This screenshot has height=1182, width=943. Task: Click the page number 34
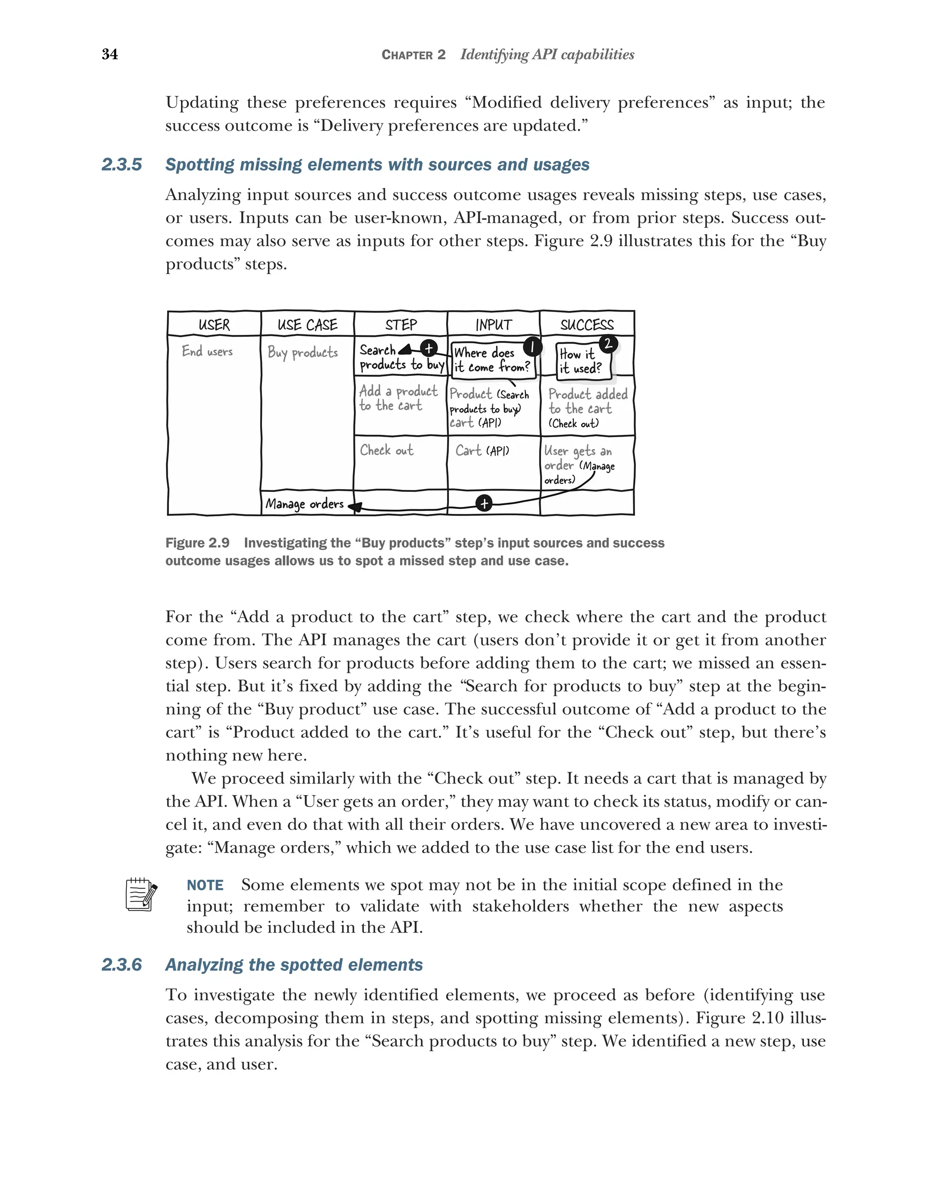coord(110,54)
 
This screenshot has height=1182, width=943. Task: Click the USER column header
coord(214,324)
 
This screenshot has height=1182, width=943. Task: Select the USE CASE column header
coord(307,324)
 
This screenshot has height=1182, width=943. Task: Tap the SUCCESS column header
coord(587,324)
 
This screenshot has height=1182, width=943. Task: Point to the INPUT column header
coord(493,324)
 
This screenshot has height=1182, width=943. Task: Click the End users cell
coord(207,352)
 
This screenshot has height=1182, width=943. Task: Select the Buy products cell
coord(302,352)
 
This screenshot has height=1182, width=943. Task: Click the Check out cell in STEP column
coord(387,450)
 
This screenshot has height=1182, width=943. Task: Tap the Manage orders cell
coord(304,504)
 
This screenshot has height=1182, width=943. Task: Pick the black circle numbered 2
coord(608,344)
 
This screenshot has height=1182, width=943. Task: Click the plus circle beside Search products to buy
coord(428,347)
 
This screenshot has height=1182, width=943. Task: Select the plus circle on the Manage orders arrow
coord(484,503)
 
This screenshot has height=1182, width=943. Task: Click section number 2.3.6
coord(122,964)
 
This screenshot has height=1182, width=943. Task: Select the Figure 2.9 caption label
coord(198,543)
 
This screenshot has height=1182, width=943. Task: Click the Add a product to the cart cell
coord(398,398)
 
